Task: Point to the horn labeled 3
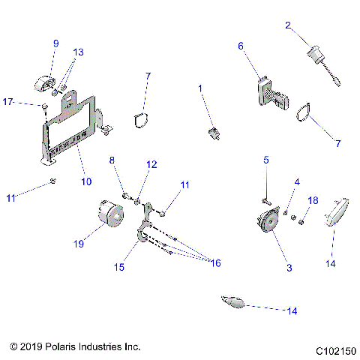point(265,224)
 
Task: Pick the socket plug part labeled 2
point(315,55)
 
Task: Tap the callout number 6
point(241,46)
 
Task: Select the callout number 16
point(216,263)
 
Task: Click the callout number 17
point(8,100)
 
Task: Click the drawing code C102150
point(335,350)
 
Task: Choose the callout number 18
point(313,200)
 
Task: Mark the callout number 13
point(79,52)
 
